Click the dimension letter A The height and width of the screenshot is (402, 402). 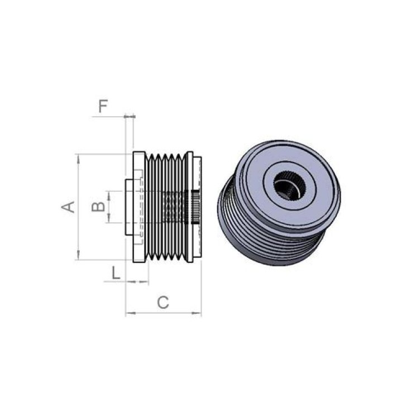[68, 207]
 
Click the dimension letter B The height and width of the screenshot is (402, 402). [98, 207]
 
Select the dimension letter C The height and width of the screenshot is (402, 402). [163, 302]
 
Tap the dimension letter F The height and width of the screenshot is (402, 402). [103, 107]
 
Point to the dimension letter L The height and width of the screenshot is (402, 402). [116, 272]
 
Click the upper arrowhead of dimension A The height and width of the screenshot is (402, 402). [79, 159]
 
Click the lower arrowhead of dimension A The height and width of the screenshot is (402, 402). [79, 255]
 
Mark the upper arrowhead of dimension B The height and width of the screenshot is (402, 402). [109, 195]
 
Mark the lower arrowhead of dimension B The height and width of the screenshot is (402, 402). [109, 218]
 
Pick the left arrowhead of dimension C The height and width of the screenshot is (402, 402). [130, 313]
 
